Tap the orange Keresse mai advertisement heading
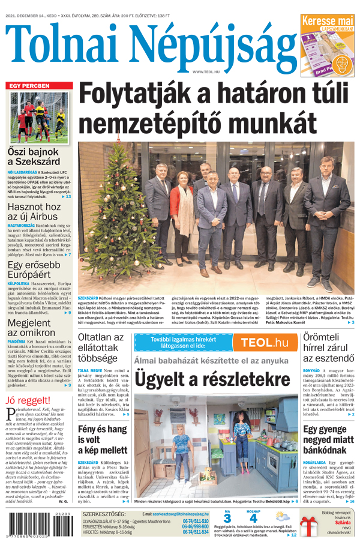(x=327, y=21)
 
